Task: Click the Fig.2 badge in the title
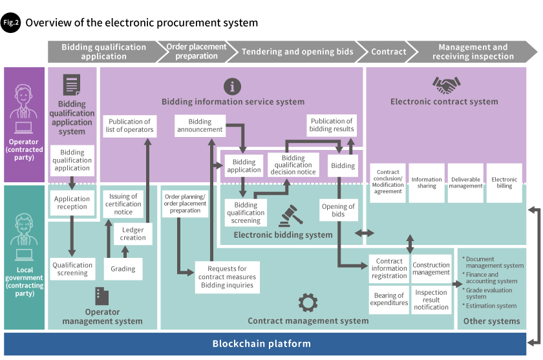11,22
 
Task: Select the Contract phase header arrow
389,52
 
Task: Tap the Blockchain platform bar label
261,344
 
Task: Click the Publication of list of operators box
129,125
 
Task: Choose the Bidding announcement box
200,125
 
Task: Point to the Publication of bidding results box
331,125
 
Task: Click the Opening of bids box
338,210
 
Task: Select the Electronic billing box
504,183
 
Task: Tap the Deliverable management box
466,183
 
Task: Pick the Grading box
123,269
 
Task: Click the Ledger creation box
133,234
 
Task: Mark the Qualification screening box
72,269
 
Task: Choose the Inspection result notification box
431,299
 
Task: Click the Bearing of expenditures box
389,299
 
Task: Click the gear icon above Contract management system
308,302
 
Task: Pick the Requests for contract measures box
227,277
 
